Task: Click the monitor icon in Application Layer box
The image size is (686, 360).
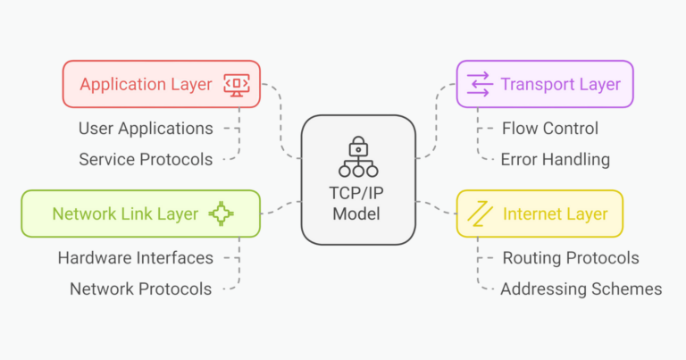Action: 237,85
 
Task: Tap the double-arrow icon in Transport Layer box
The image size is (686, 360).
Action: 479,84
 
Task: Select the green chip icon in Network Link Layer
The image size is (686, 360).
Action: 221,213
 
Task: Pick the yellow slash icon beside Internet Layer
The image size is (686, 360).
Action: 480,213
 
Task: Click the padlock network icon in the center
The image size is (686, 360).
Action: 358,156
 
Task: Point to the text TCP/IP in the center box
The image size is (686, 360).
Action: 356,193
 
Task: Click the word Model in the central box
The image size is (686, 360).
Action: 356,213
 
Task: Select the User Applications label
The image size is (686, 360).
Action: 146,129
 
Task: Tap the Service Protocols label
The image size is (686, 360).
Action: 146,160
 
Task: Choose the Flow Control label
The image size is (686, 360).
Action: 550,129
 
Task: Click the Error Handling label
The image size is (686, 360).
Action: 556,160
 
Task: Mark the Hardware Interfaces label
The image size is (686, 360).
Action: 136,258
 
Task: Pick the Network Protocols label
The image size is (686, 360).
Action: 141,289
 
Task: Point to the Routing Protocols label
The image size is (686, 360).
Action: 571,258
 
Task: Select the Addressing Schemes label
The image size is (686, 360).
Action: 581,289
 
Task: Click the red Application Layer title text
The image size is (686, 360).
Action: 146,85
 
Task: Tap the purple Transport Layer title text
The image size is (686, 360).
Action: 560,85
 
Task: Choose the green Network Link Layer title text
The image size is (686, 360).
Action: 125,213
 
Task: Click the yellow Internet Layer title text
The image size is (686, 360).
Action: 556,213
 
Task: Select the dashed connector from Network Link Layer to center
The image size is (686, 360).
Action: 280,207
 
